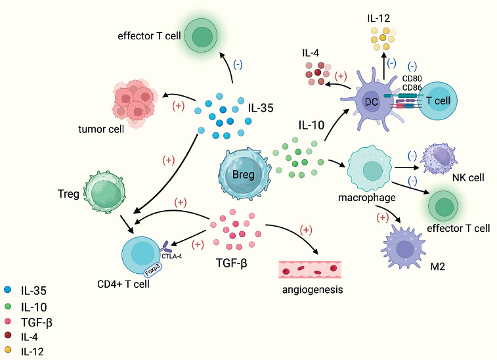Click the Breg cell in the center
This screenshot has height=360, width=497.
click(x=243, y=173)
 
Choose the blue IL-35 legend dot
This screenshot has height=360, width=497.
click(x=8, y=288)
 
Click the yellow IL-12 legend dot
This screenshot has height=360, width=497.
click(x=8, y=350)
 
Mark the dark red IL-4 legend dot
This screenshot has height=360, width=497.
click(x=8, y=335)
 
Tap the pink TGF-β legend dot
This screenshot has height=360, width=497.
click(x=8, y=320)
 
